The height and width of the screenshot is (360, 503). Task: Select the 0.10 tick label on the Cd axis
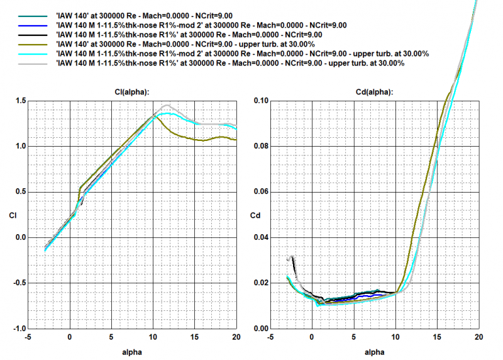click(x=259, y=101)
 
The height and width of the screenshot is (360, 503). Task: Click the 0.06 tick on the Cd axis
click(x=259, y=191)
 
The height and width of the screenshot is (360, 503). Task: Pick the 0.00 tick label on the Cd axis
click(x=259, y=329)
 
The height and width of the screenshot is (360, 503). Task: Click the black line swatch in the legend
click(x=33, y=35)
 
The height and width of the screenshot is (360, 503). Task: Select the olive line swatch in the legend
click(x=33, y=45)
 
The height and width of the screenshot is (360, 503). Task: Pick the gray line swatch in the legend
click(x=33, y=64)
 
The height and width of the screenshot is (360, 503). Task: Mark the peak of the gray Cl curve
click(x=166, y=105)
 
